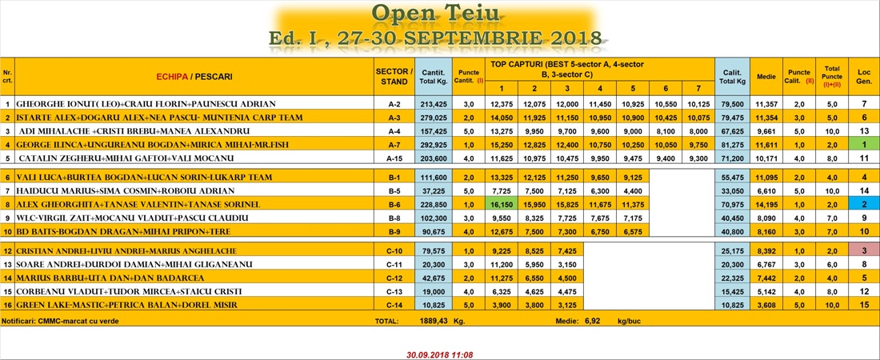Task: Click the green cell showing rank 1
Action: tap(864, 144)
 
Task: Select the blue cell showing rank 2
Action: tap(864, 204)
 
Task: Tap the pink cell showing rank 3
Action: tap(864, 250)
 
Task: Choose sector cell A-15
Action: tap(394, 158)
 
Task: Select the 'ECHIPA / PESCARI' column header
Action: tap(194, 77)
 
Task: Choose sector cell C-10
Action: tap(394, 250)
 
